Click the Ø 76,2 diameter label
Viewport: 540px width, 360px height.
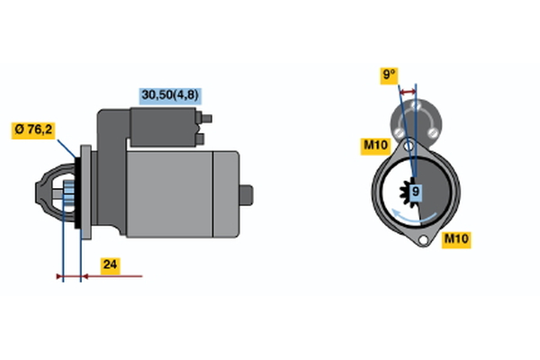point(33,130)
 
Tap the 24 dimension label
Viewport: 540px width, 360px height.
point(110,265)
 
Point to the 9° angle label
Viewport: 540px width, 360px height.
point(389,75)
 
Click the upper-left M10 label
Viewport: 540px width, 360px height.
point(375,145)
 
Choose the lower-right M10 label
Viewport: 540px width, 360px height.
point(456,238)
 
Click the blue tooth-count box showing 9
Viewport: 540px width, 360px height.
point(416,191)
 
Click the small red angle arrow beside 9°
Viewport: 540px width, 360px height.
point(408,92)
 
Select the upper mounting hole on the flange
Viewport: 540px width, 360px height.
point(409,146)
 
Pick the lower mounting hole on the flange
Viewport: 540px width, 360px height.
point(423,239)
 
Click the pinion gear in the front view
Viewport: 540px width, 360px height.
point(409,192)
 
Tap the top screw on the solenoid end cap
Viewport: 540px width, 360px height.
point(416,104)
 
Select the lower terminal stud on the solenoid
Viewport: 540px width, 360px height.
point(200,139)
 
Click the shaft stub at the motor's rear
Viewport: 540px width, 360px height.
point(247,195)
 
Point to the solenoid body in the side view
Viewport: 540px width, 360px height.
point(163,127)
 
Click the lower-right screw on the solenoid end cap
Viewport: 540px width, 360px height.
point(433,132)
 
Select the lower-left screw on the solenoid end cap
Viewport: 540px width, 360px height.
point(399,132)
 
